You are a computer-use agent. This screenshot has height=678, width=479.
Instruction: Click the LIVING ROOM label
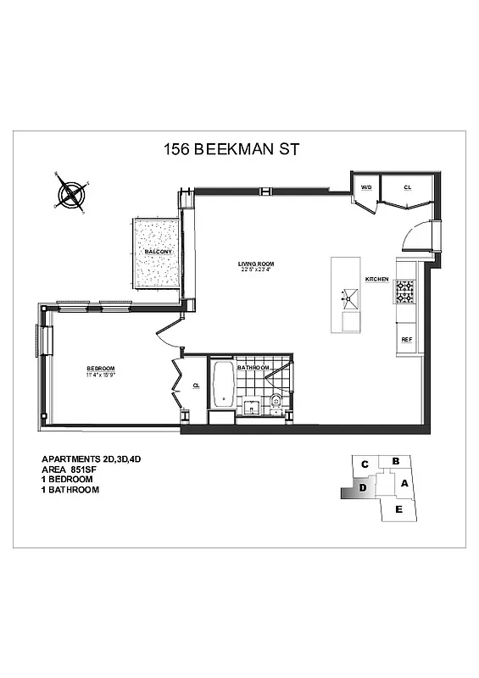(255, 264)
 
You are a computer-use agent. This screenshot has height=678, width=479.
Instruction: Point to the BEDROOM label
(99, 368)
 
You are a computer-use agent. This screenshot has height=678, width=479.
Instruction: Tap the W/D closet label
(367, 187)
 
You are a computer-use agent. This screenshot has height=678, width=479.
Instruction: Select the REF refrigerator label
(406, 339)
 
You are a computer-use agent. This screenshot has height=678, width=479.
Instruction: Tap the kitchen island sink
(348, 297)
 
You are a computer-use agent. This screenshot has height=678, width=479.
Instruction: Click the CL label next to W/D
(407, 187)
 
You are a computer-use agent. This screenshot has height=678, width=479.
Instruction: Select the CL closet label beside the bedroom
(196, 385)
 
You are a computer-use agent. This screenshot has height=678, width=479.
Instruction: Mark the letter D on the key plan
(362, 487)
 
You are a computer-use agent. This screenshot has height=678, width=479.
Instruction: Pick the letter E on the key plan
(398, 508)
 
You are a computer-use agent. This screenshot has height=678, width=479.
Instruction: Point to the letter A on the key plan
(404, 484)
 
